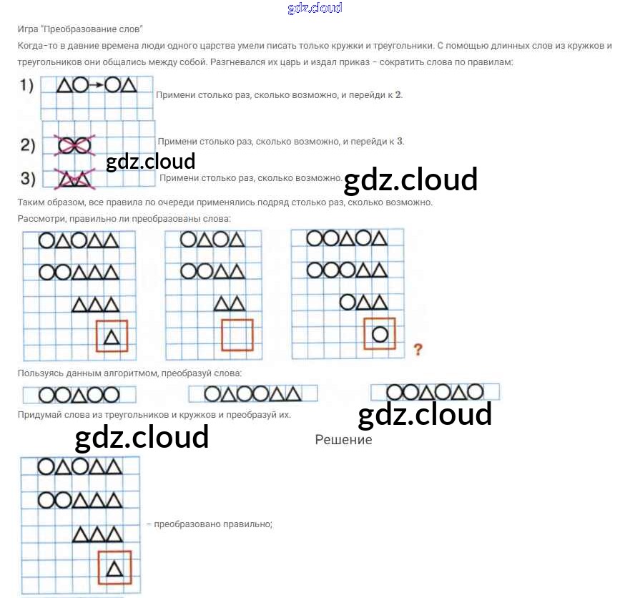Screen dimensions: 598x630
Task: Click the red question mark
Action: point(418,350)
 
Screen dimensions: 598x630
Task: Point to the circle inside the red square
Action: point(380,333)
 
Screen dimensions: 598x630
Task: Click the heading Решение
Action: point(343,440)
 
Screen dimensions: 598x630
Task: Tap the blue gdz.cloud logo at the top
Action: point(315,9)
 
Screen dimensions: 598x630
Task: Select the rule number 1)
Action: point(27,86)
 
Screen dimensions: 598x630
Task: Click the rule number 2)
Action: point(28,145)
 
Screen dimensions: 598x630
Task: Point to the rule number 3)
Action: point(28,177)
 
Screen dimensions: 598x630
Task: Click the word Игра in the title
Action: point(27,29)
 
